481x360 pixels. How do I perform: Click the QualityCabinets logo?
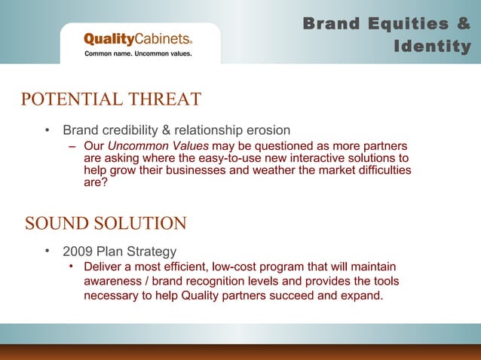138,39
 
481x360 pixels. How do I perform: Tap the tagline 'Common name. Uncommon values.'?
138,54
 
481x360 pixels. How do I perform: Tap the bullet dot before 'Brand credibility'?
47,130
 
